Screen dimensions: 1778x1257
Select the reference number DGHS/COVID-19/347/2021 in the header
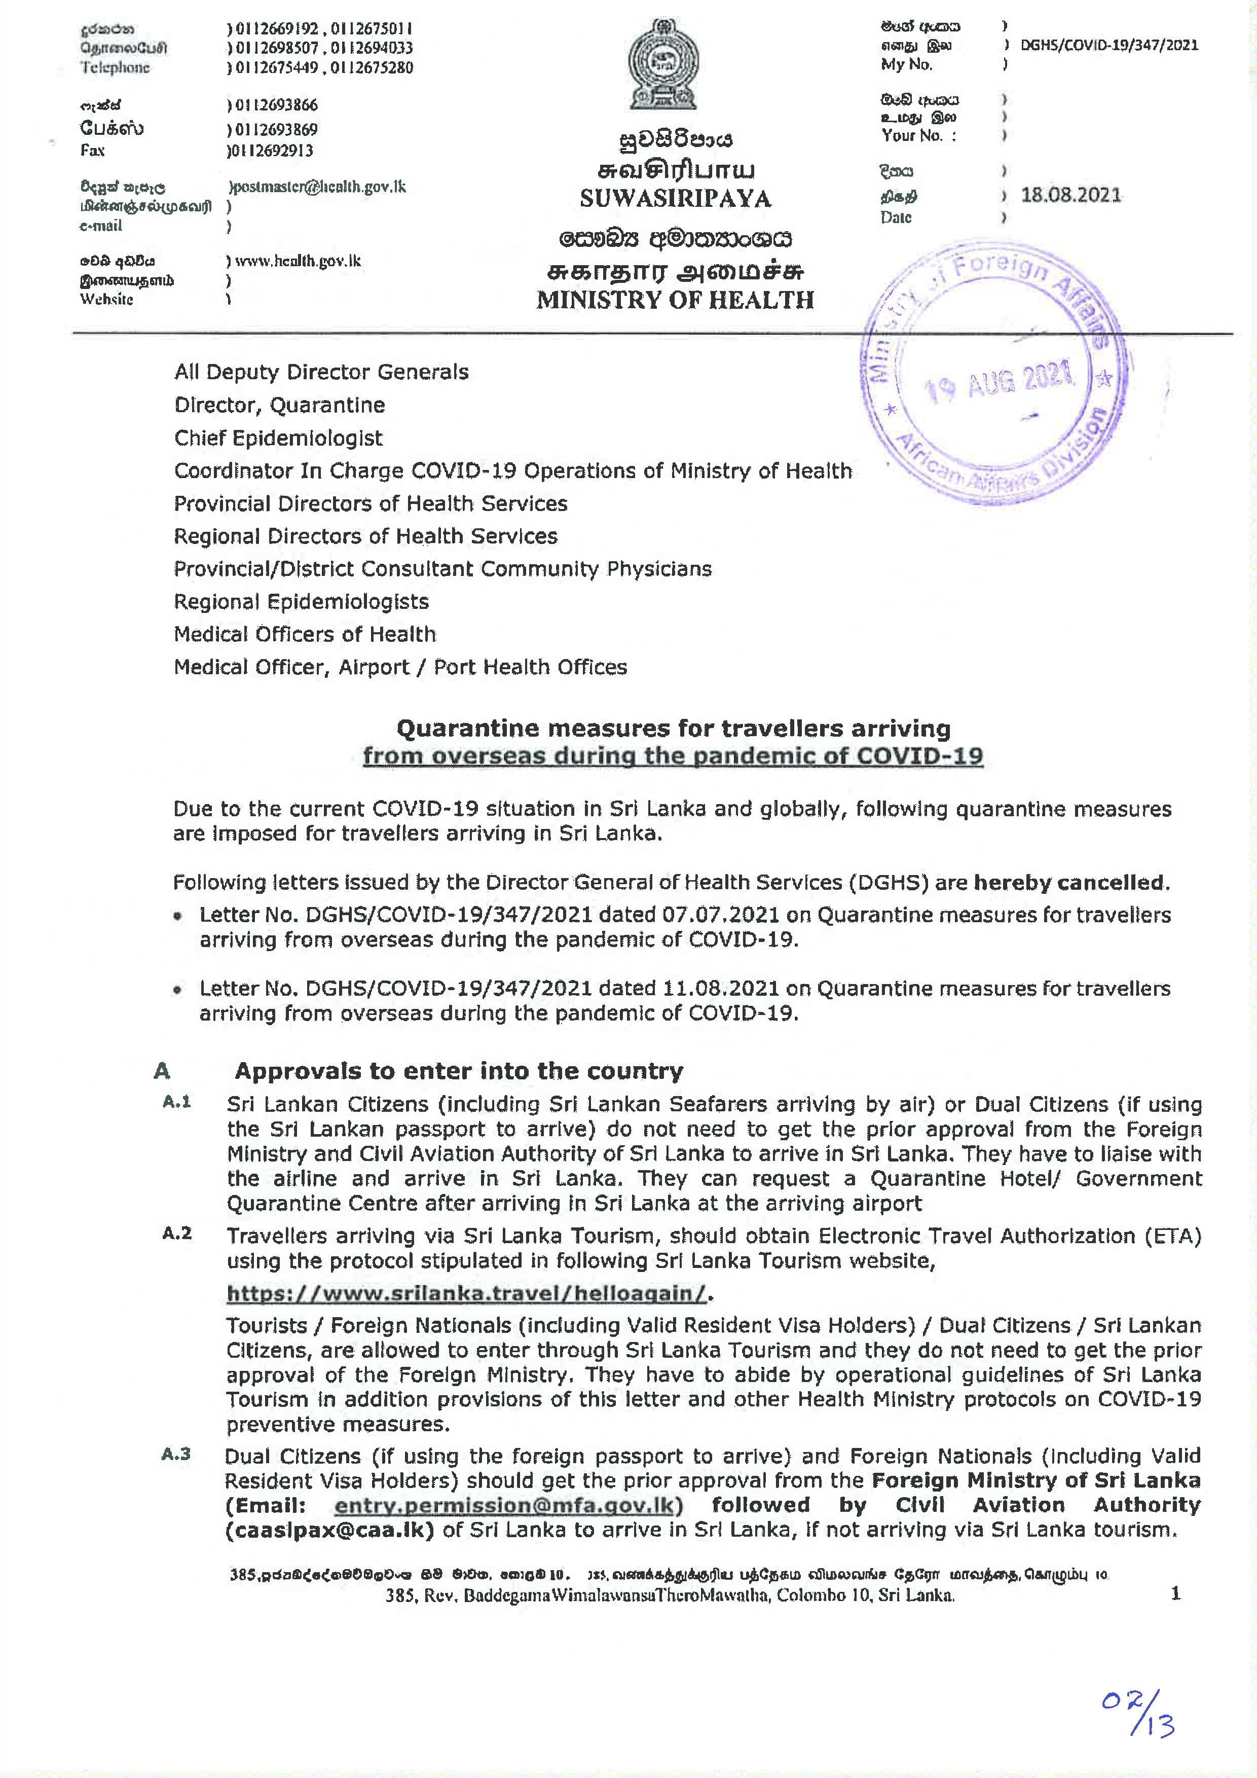[1108, 45]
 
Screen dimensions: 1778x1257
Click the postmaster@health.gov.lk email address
[319, 187]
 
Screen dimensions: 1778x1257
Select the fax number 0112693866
[276, 104]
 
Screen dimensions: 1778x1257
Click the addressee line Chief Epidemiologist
[278, 439]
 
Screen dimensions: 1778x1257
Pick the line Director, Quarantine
[279, 405]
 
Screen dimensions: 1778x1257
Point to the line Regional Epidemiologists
[301, 602]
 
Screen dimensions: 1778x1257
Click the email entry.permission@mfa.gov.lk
[504, 1505]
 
